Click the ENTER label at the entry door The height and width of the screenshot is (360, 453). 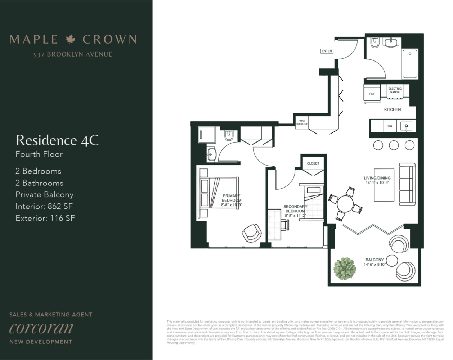[x=327, y=51]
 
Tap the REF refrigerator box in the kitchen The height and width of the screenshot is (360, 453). [x=372, y=94]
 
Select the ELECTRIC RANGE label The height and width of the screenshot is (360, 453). [x=395, y=90]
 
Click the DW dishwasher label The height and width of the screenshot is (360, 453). [x=390, y=126]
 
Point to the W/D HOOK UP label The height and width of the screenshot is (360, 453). [x=302, y=122]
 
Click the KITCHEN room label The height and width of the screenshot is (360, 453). [x=392, y=109]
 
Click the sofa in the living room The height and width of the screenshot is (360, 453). [x=408, y=184]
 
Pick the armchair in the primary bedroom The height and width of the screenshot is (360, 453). [x=251, y=233]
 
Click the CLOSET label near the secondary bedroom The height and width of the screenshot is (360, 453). [x=313, y=163]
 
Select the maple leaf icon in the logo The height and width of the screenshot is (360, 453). [x=71, y=39]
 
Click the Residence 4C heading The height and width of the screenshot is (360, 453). [x=57, y=140]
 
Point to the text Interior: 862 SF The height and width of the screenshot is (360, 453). [x=44, y=206]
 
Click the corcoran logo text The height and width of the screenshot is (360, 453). [x=41, y=328]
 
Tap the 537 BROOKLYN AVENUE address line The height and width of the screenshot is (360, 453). [x=73, y=54]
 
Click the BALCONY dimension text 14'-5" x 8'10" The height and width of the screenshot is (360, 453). [x=374, y=265]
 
